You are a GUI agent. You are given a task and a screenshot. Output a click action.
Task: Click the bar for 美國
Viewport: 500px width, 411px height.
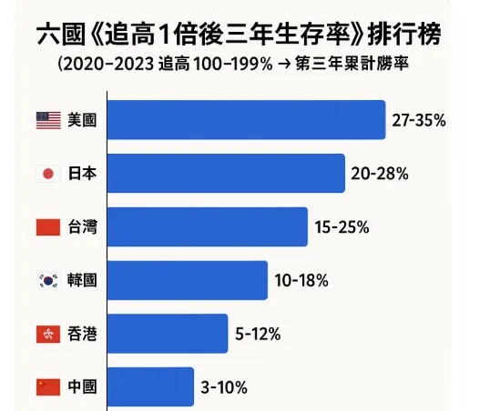pyautogui.click(x=246, y=119)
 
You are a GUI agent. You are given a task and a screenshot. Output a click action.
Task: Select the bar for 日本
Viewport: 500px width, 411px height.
pyautogui.click(x=226, y=173)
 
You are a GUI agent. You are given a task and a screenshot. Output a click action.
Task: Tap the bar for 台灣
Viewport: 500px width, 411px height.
pyautogui.click(x=207, y=226)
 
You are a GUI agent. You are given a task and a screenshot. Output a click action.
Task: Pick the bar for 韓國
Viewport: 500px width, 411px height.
pyautogui.click(x=187, y=280)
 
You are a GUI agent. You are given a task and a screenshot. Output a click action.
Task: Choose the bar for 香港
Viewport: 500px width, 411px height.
pyautogui.click(x=167, y=334)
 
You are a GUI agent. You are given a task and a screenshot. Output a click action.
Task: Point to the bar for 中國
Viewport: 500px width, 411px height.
pyautogui.click(x=150, y=386)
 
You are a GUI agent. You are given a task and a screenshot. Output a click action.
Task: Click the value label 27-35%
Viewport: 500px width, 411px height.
pyautogui.click(x=419, y=119)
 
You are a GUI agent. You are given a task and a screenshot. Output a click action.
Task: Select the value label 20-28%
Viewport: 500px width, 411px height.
pyautogui.click(x=380, y=173)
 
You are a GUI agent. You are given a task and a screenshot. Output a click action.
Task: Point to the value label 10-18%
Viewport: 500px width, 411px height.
pyautogui.click(x=301, y=280)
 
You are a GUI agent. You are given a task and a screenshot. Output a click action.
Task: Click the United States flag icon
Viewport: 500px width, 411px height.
pyautogui.click(x=47, y=119)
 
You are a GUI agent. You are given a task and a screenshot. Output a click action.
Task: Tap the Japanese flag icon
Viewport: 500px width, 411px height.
pyautogui.click(x=47, y=173)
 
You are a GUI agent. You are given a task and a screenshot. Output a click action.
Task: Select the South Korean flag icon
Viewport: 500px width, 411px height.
pyautogui.click(x=47, y=280)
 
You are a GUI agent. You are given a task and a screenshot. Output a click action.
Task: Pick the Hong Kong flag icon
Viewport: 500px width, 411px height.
pyautogui.click(x=47, y=334)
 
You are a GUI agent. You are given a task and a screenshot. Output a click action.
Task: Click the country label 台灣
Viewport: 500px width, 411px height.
pyautogui.click(x=81, y=226)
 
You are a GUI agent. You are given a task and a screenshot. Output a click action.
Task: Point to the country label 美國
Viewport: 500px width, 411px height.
pyautogui.click(x=81, y=119)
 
